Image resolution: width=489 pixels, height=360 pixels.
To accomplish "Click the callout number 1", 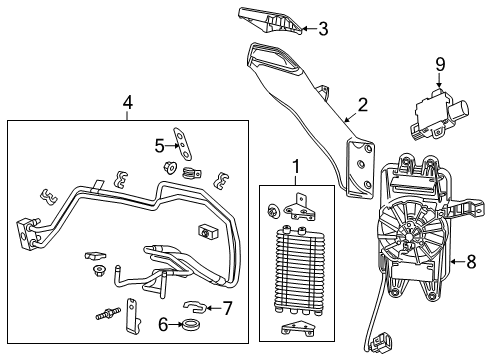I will [x=294, y=165].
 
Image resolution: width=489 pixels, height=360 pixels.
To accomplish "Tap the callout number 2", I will [x=363, y=104].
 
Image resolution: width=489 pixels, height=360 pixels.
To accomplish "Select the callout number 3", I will [x=322, y=28].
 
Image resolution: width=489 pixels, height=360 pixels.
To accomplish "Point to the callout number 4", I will [x=127, y=102].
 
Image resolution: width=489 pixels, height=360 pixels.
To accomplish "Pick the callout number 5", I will [x=158, y=145].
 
